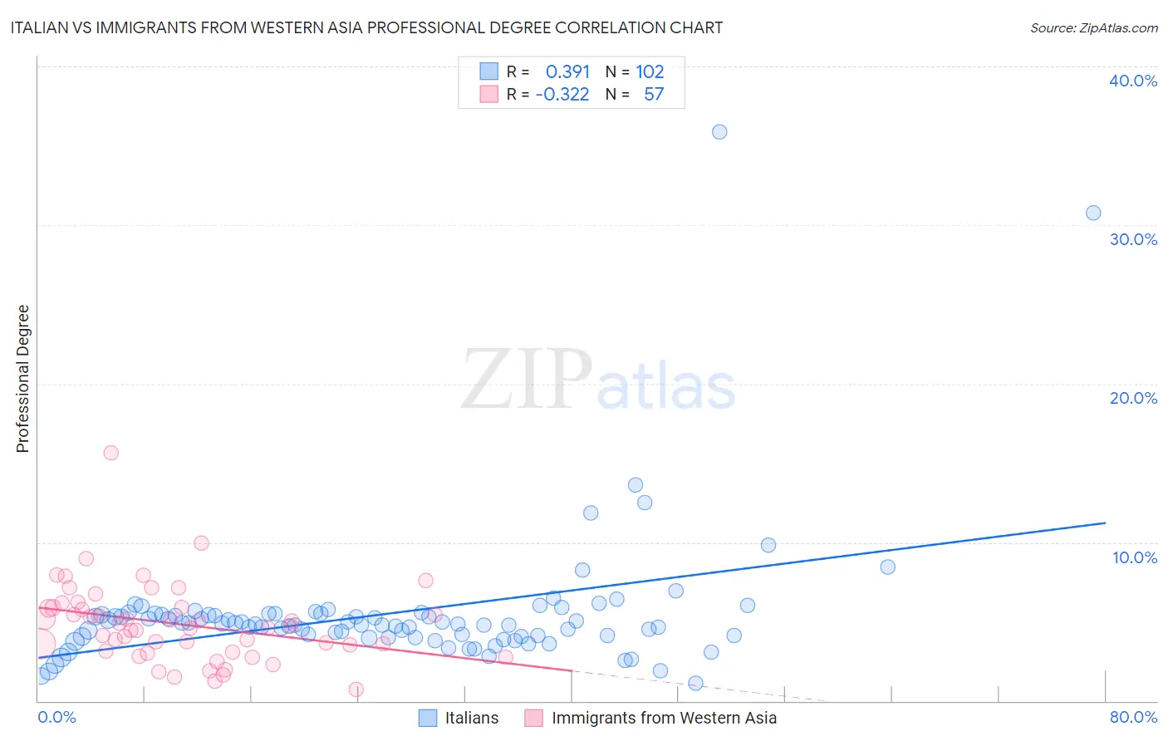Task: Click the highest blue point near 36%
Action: tap(719, 132)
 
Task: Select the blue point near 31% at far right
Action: tap(1093, 213)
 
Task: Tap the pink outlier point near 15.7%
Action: tap(110, 453)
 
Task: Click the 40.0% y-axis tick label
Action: tap(1133, 81)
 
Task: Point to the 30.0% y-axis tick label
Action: tap(1133, 239)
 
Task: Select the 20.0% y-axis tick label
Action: tap(1133, 398)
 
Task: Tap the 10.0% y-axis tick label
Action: tap(1135, 557)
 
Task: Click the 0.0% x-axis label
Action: tap(56, 717)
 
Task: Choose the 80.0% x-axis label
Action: tap(1133, 717)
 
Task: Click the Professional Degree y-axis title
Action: tap(22, 379)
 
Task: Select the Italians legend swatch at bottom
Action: tap(428, 718)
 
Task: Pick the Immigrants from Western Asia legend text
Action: tap(664, 718)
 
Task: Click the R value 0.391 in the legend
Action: tap(567, 71)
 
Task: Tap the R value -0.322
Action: tap(562, 94)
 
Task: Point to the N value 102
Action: tap(650, 71)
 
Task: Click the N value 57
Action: tap(654, 94)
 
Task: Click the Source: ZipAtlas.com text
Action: tap(1093, 27)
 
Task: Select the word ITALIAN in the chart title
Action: tap(40, 27)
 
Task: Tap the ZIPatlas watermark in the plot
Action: tap(598, 380)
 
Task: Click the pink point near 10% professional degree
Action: tap(201, 543)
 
